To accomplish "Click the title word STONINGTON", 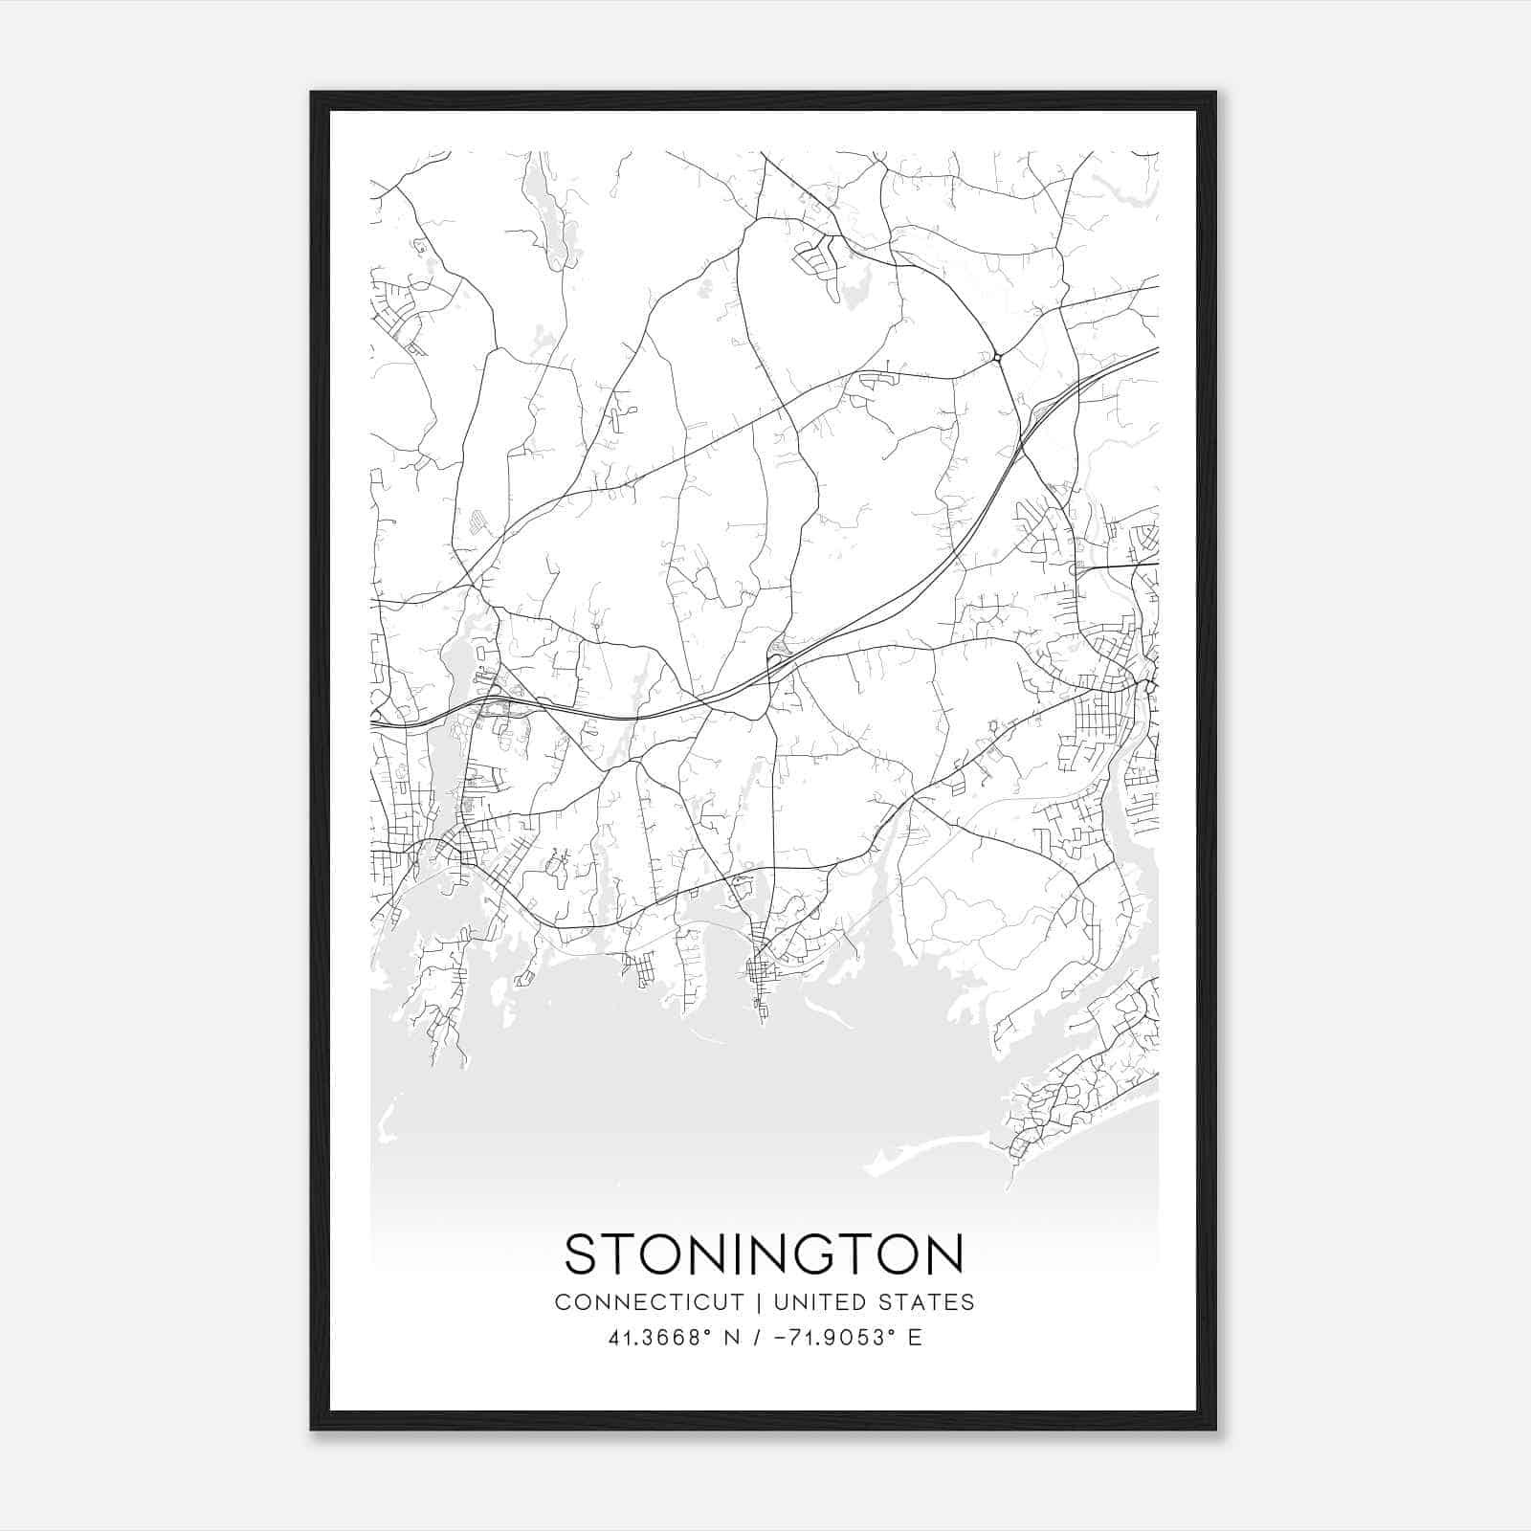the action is pyautogui.click(x=764, y=1254).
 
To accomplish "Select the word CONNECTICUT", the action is pyautogui.click(x=650, y=1301).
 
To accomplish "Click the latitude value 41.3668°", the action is pyautogui.click(x=660, y=1337).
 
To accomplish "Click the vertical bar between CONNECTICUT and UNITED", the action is pyautogui.click(x=758, y=1301).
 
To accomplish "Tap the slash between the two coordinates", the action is pyautogui.click(x=756, y=1337).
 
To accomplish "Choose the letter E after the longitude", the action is pyautogui.click(x=915, y=1337).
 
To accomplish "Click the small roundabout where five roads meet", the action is pyautogui.click(x=997, y=357).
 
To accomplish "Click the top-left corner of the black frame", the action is pyautogui.click(x=312, y=93).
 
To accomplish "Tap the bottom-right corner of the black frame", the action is pyautogui.click(x=1215, y=1430).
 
